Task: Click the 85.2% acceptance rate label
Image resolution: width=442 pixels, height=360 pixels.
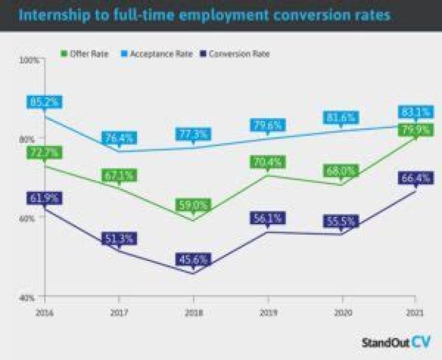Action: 42,101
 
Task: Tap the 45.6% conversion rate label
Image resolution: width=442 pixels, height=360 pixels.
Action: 192,259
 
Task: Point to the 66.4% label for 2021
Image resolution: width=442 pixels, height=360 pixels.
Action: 416,178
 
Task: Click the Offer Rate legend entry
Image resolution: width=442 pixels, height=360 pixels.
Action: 88,54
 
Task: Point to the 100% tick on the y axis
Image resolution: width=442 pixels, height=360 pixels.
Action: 29,60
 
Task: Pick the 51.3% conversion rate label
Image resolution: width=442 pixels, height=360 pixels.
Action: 119,238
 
